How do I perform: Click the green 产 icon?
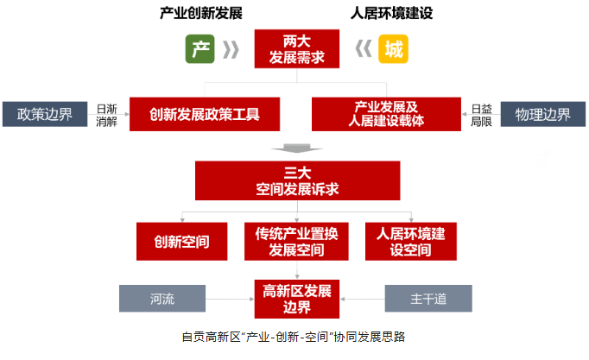[x=199, y=49]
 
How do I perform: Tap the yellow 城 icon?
[x=393, y=49]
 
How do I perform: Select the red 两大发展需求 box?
[x=297, y=49]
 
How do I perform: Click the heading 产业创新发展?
[x=201, y=13]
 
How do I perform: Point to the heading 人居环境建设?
[x=391, y=13]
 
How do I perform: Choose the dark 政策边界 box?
[x=45, y=114]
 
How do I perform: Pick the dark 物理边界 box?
[x=543, y=114]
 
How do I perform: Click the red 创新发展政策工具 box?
[x=205, y=114]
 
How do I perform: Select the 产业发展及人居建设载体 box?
[x=386, y=114]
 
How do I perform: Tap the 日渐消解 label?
[x=107, y=115]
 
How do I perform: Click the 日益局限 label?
[x=481, y=115]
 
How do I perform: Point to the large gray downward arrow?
[x=297, y=148]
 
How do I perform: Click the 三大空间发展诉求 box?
[x=297, y=180]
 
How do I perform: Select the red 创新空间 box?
[x=182, y=242]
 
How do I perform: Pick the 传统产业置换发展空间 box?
[x=296, y=242]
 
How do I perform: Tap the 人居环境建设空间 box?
[x=411, y=242]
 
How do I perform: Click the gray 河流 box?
[x=162, y=299]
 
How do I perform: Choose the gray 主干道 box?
[x=428, y=299]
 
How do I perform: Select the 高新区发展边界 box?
[x=297, y=299]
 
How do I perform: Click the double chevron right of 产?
[x=231, y=49]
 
